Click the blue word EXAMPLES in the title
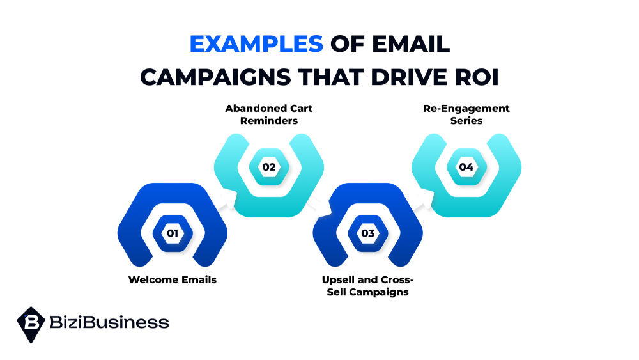coord(256,44)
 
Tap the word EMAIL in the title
coord(411,44)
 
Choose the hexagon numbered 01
coord(173,233)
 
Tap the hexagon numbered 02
coord(269,167)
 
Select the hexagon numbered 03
coord(368,233)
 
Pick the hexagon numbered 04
coord(466,167)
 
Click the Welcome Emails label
coord(173,279)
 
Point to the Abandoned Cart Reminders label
coord(269,114)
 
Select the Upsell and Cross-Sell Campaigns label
coord(368,286)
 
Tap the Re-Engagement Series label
coord(466,114)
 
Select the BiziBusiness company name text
coord(109,322)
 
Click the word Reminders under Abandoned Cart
coord(269,121)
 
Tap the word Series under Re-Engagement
coord(466,121)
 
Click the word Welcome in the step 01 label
coord(153,279)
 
